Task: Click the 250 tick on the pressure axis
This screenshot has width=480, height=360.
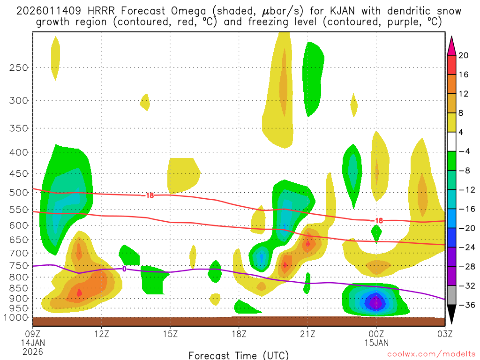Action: point(18,67)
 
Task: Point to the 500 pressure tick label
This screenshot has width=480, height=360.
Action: point(18,192)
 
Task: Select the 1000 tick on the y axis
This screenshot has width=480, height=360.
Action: point(16,317)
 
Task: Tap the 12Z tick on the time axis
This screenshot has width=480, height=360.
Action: point(102,334)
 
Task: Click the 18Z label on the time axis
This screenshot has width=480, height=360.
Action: point(239,334)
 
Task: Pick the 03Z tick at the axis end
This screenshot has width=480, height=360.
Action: point(444,334)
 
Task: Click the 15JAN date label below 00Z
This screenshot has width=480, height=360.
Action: point(376,343)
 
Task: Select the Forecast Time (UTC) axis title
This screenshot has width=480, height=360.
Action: point(239,355)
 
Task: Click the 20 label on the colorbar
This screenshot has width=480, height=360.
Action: point(464,55)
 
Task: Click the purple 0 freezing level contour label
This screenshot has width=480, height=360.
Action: point(124,269)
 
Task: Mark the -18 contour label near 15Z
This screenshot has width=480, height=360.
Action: point(149,195)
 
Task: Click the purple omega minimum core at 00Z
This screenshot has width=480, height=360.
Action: point(376,303)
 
